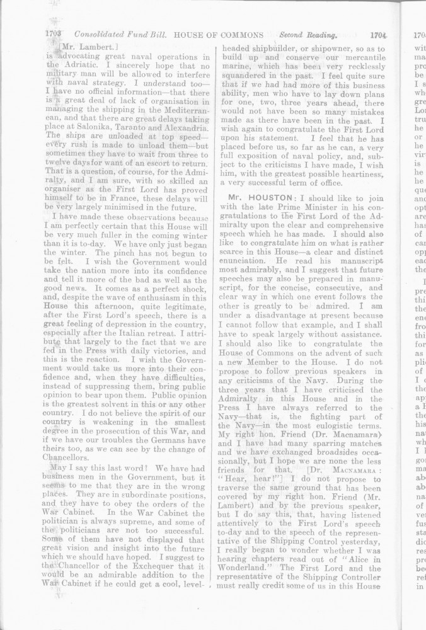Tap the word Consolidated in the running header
coord(102,36)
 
